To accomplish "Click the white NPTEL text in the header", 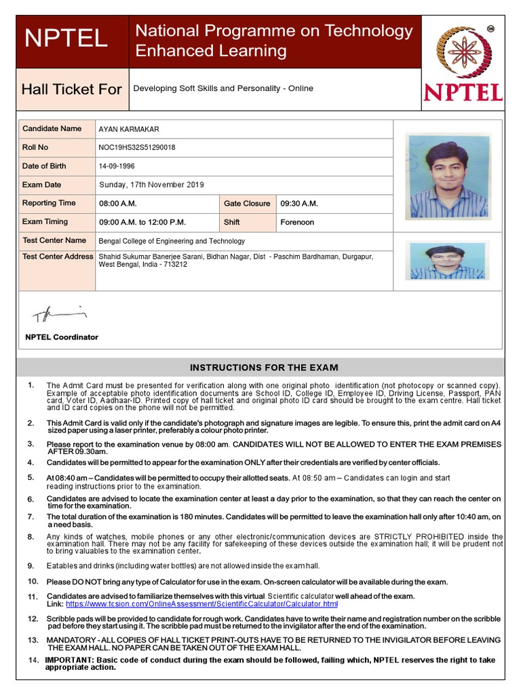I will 66,39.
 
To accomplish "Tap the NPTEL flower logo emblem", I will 461,53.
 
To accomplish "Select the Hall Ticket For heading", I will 71,90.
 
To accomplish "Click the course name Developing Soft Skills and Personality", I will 223,88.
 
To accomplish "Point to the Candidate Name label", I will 52,128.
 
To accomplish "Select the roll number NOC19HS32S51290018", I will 136,147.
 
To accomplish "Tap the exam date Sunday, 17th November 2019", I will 151,185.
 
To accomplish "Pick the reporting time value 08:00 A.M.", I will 118,204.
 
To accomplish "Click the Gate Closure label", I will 247,204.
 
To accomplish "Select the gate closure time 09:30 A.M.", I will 299,204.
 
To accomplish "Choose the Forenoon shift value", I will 297,222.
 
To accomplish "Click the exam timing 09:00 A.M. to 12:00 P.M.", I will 142,222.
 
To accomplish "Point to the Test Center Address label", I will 58,257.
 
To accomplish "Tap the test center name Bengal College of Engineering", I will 172,241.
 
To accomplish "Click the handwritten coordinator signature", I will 60,314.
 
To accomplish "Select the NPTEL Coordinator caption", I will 62,337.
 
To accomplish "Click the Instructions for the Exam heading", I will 263,368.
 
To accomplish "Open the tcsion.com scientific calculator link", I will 201,603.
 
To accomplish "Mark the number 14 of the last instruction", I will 33,660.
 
